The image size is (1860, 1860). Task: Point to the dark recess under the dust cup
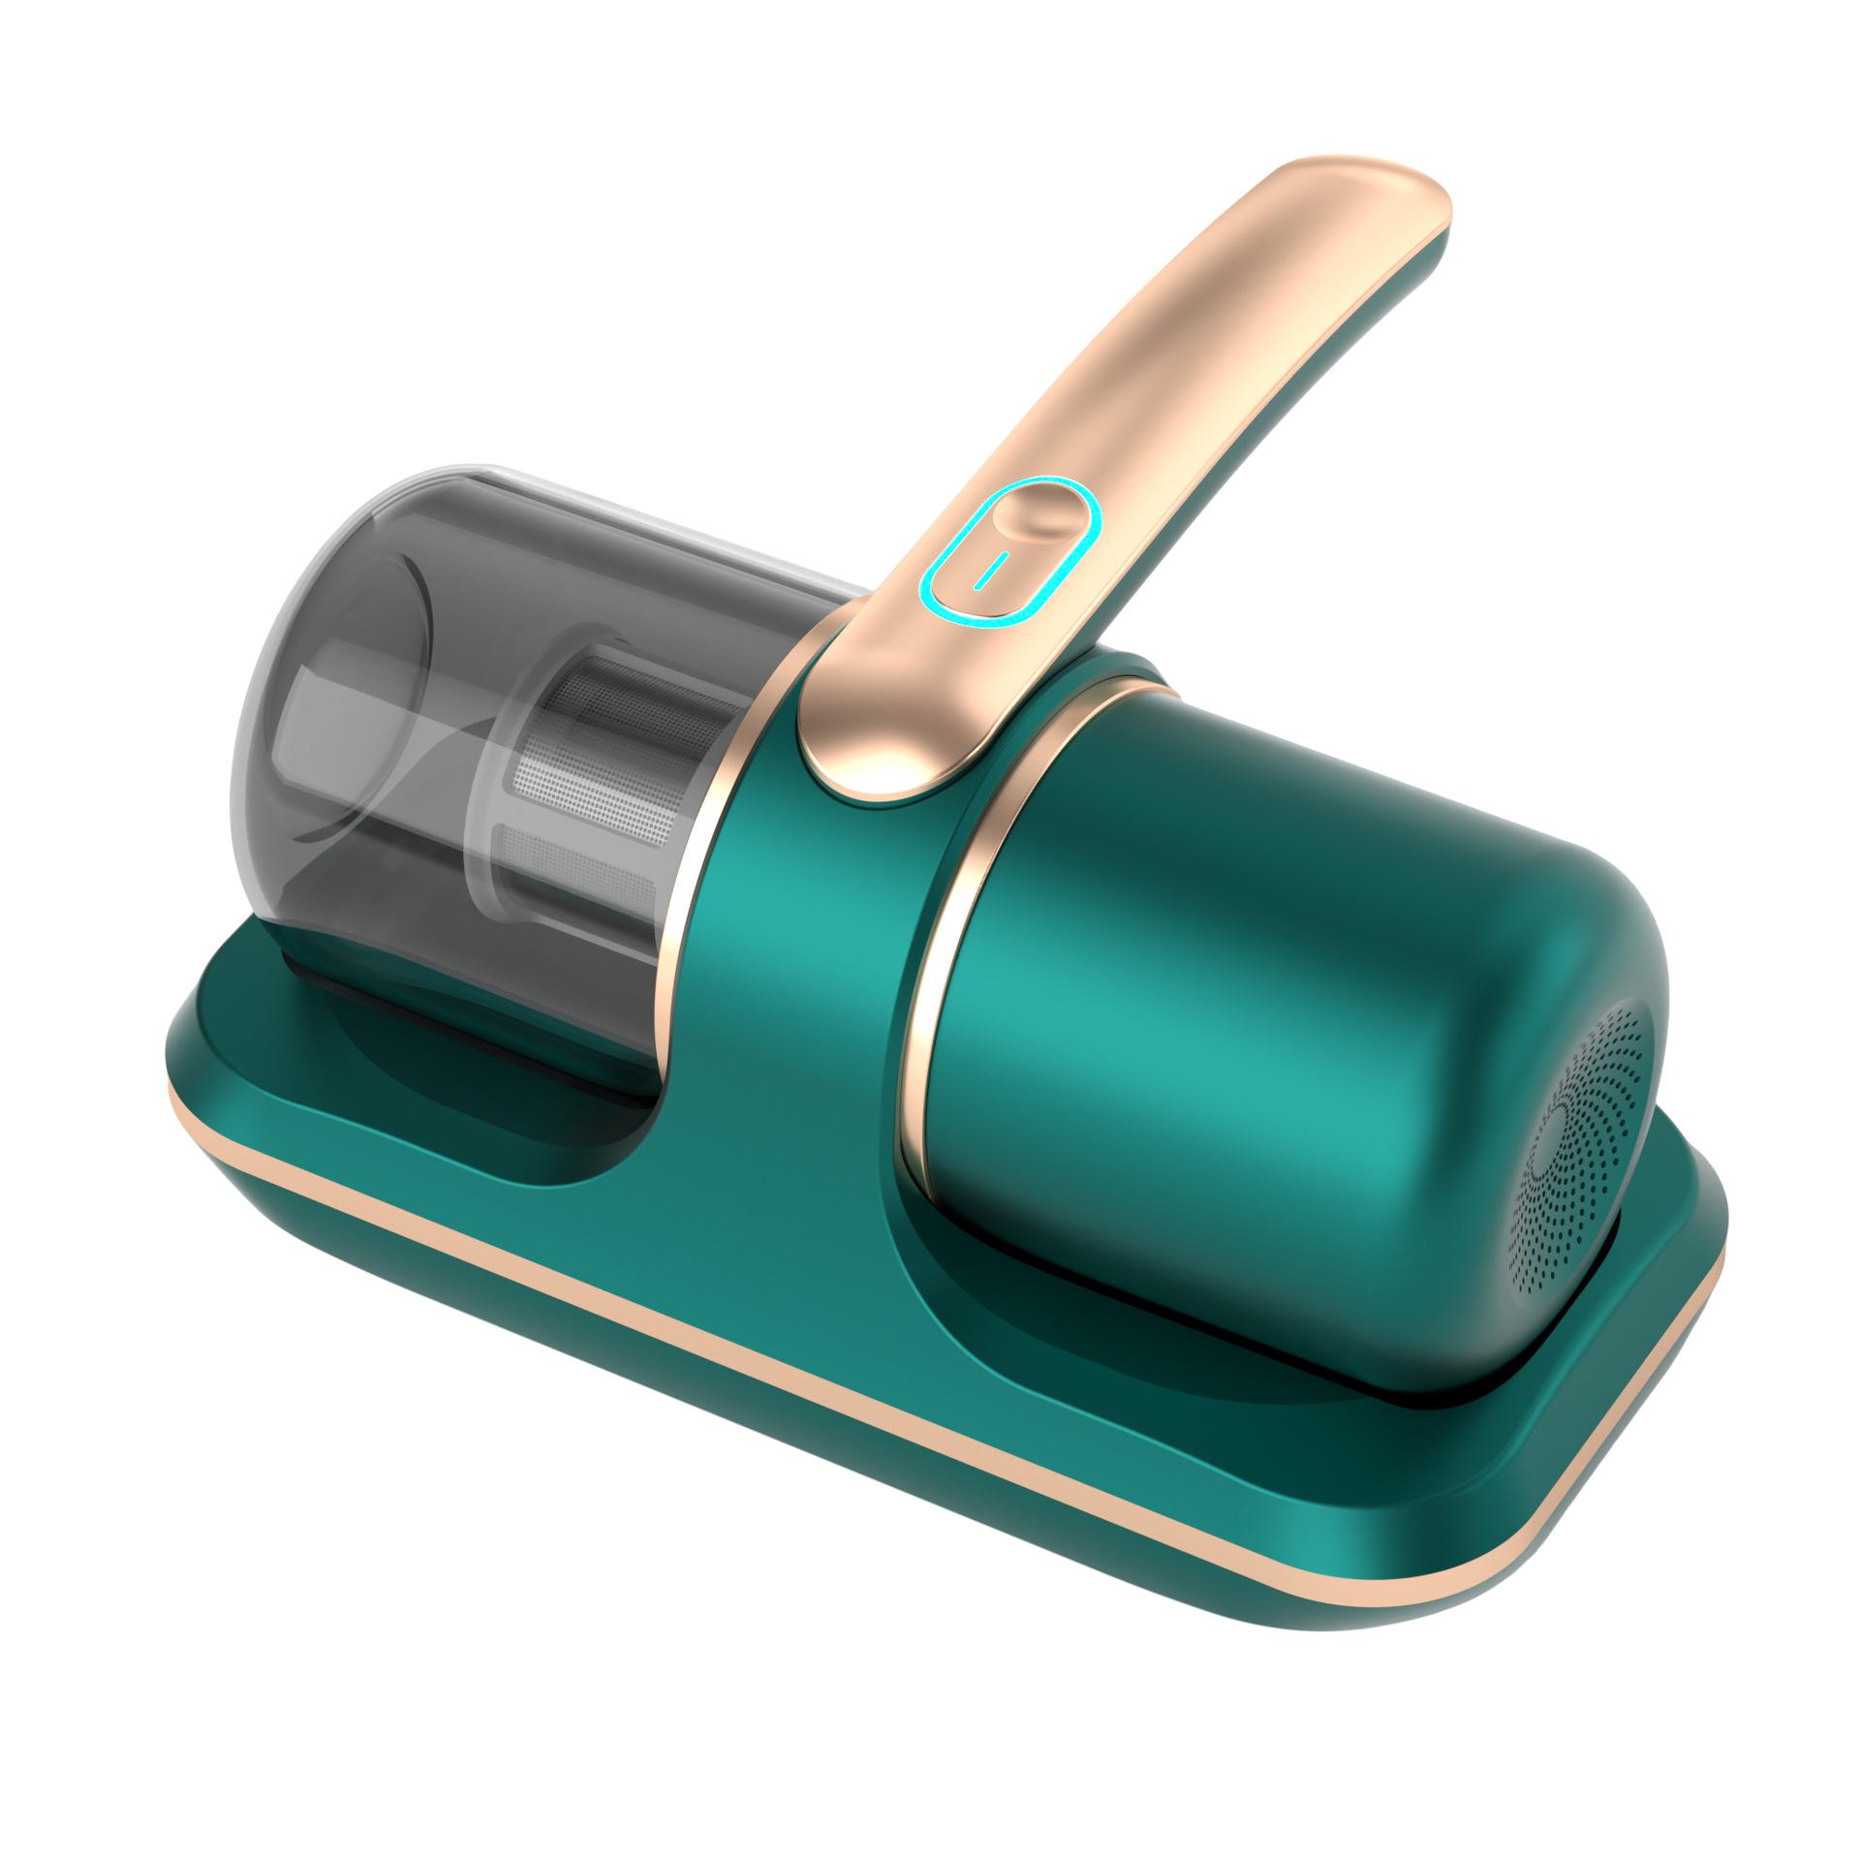465,1066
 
